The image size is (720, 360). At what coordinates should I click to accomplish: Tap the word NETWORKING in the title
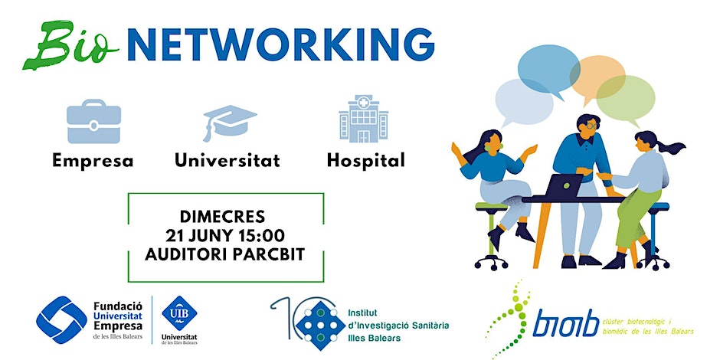click(x=280, y=45)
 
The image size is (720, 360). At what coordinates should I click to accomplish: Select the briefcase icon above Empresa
click(x=93, y=121)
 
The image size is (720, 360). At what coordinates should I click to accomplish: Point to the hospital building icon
click(x=364, y=119)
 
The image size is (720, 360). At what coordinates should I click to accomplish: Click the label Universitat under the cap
click(x=227, y=160)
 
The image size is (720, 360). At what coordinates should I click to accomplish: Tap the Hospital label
click(x=365, y=160)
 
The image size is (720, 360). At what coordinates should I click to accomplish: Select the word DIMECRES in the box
click(x=222, y=216)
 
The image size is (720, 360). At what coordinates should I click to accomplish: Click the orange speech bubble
click(x=598, y=77)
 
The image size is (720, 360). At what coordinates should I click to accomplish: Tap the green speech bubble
click(x=626, y=99)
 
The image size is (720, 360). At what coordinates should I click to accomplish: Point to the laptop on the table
click(x=564, y=185)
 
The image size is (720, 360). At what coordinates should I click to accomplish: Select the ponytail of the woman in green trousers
click(x=671, y=147)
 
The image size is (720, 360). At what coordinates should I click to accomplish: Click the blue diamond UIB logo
click(x=179, y=313)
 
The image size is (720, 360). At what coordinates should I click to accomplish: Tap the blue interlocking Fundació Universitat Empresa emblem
click(x=61, y=319)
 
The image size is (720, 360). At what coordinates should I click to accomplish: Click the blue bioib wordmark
click(x=566, y=322)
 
